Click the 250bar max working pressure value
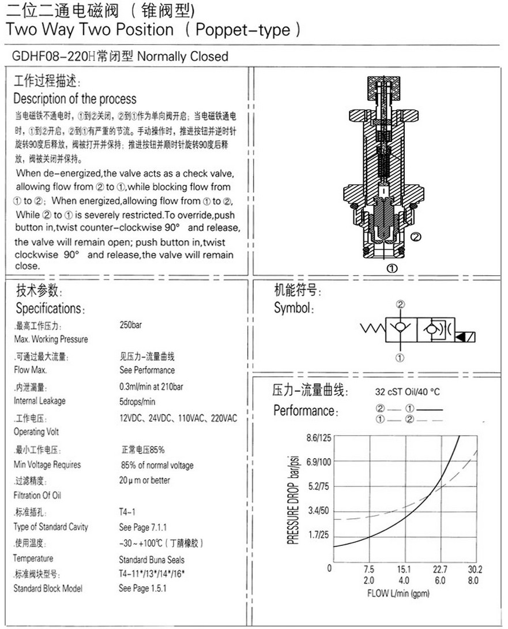pyautogui.click(x=130, y=325)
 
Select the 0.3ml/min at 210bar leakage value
pyautogui.click(x=151, y=386)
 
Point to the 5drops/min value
pyautogui.click(x=137, y=402)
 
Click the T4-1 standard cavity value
pyautogui.click(x=127, y=512)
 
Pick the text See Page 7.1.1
pyautogui.click(x=142, y=527)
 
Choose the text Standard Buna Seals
pyautogui.click(x=152, y=559)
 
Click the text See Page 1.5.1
pyautogui.click(x=142, y=589)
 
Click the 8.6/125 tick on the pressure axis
pyautogui.click(x=318, y=438)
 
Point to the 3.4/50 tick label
pyautogui.click(x=318, y=511)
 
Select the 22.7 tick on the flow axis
pyautogui.click(x=440, y=569)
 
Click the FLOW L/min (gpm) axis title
pyautogui.click(x=398, y=593)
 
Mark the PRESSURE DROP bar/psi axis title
pyautogui.click(x=292, y=498)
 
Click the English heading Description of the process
pyautogui.click(x=75, y=98)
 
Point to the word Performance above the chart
pyautogui.click(x=304, y=411)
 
